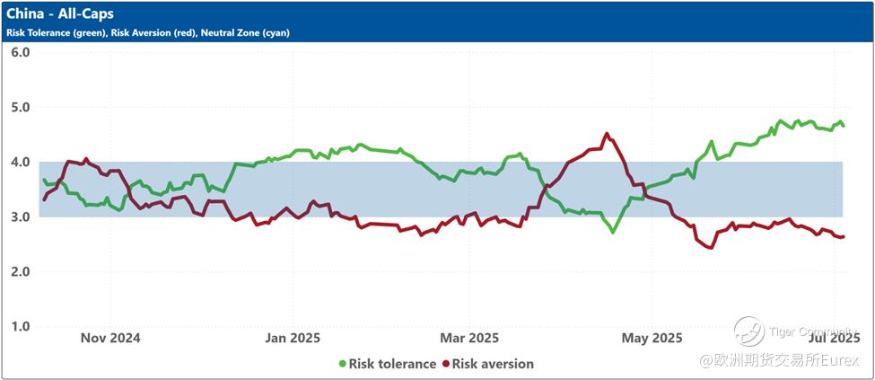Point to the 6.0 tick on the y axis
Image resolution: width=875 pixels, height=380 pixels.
tap(20, 52)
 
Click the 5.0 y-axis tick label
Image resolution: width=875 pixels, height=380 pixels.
tap(20, 107)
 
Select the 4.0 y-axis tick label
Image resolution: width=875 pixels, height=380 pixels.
tap(20, 162)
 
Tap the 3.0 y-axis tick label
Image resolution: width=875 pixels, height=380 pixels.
tap(20, 217)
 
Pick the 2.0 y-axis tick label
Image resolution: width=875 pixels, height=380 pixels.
tap(20, 271)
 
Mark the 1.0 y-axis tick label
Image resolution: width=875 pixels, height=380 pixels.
tap(20, 326)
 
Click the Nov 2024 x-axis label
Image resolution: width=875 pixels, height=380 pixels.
tap(110, 338)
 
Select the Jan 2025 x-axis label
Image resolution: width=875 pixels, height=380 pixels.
tap(293, 338)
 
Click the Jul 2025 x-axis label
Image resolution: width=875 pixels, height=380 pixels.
tap(836, 338)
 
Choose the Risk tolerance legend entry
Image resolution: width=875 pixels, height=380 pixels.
tap(392, 364)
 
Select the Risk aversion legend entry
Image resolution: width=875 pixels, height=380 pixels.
tap(493, 364)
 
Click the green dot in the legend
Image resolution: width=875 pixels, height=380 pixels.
tap(342, 364)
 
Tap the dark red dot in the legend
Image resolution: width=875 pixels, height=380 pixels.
tap(445, 364)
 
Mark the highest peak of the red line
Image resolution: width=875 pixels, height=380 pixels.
tap(607, 134)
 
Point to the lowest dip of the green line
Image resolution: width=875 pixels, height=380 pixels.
tap(613, 233)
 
